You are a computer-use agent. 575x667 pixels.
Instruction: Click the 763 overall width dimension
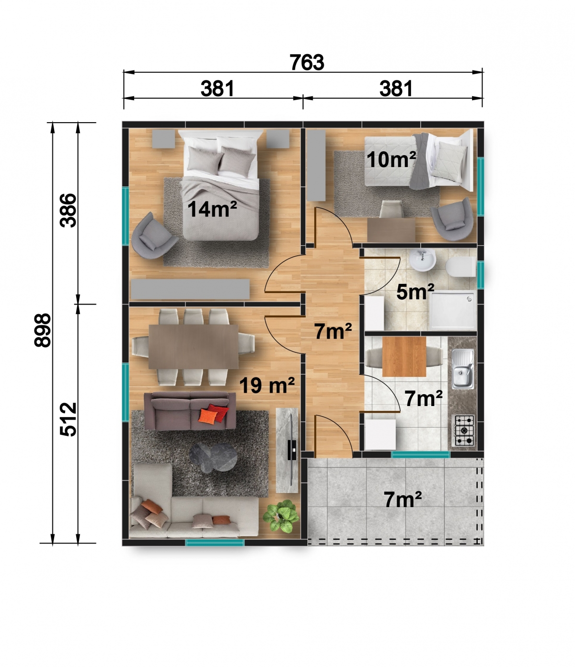(307, 62)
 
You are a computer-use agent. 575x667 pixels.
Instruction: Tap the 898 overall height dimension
(43, 330)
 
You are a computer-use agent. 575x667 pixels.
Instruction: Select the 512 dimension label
(69, 419)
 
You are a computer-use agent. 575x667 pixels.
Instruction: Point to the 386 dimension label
(69, 210)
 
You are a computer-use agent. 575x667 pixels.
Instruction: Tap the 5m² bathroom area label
(415, 292)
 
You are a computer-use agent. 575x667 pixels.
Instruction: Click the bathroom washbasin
(422, 261)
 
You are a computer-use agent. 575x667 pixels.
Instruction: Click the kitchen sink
(463, 369)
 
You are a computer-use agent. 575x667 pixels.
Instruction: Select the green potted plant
(281, 516)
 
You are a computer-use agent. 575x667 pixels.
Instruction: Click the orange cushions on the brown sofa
(212, 414)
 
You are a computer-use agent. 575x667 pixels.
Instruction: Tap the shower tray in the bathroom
(453, 312)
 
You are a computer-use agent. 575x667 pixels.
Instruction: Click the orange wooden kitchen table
(404, 357)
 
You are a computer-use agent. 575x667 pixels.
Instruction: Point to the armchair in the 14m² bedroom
(153, 236)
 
